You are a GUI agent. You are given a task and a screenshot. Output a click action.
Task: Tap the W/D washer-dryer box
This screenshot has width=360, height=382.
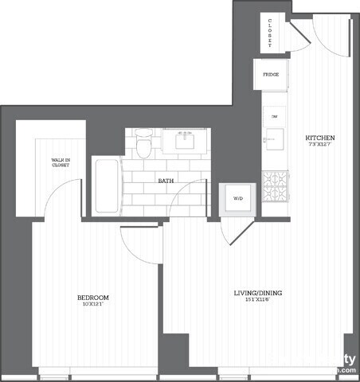[237, 198]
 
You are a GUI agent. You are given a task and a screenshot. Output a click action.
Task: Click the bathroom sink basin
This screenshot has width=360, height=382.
[187, 142]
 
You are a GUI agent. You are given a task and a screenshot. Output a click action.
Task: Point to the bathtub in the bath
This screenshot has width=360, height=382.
[107, 186]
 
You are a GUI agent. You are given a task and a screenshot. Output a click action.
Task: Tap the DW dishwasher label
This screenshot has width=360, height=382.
[274, 117]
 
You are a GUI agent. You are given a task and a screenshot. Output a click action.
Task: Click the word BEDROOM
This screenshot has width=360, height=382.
[92, 298]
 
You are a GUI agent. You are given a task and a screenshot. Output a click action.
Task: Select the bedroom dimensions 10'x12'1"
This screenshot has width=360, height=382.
[92, 305]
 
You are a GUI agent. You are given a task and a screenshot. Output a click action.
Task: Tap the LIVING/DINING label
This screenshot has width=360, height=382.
[257, 293]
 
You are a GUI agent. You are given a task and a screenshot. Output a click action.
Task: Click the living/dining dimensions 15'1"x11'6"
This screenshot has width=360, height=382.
[257, 300]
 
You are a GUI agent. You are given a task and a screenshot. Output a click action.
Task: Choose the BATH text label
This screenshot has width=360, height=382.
[166, 181]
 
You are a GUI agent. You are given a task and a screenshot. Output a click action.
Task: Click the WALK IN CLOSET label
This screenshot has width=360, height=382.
[61, 163]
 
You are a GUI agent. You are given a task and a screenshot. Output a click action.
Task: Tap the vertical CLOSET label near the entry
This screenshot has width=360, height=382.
[270, 33]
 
